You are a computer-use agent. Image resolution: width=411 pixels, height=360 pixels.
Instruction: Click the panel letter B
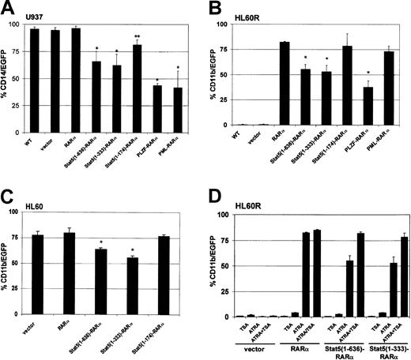click(x=215, y=8)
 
